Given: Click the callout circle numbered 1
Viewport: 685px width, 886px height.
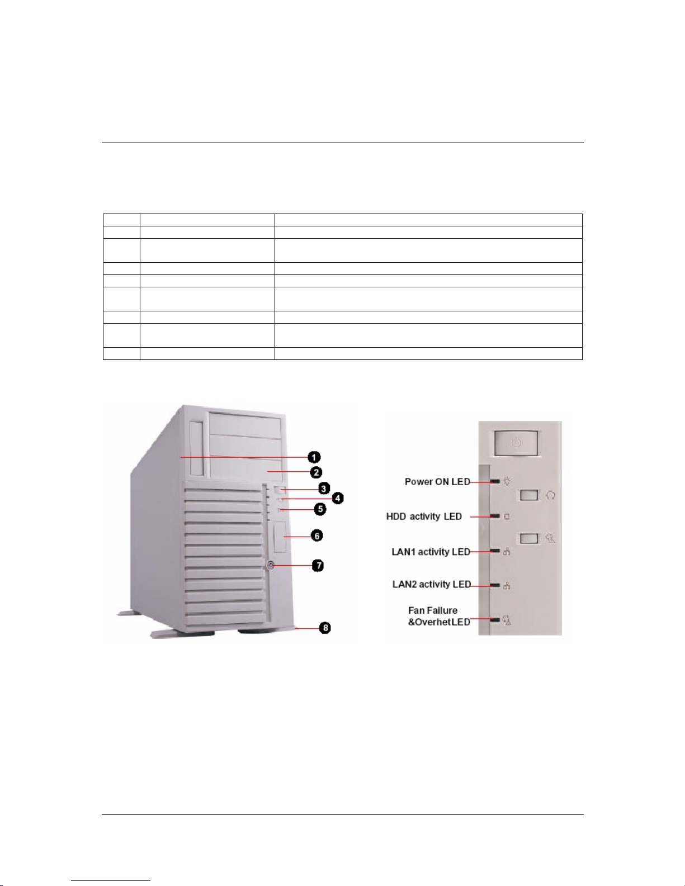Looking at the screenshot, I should pos(315,457).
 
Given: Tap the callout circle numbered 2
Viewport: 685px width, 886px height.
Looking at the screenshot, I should pos(316,472).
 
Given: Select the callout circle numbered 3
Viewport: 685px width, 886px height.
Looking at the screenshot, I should pos(324,489).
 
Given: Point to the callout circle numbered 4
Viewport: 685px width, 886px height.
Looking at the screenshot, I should pos(338,498).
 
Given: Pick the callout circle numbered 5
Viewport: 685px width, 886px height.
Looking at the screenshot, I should pos(320,509).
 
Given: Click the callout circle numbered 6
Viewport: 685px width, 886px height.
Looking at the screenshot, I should pos(316,536).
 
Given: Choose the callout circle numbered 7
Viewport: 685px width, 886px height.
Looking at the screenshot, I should pos(317,565).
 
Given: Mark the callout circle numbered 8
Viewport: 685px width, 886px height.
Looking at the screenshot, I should pos(325,628).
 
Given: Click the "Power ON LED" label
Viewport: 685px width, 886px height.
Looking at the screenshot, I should pos(437,482).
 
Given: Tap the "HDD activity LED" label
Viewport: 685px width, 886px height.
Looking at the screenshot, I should pos(424,517).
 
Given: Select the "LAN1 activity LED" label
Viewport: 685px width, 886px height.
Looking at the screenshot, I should pos(431,552).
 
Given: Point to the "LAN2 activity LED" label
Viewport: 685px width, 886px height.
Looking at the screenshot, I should pos(431,585).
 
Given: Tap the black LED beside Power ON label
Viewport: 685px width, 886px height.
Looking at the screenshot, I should pos(495,481).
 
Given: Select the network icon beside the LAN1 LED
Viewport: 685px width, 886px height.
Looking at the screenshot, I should pos(507,552).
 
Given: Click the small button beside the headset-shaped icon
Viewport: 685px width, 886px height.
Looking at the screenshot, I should pos(529,495).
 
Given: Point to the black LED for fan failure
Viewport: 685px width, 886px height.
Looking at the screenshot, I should pos(495,620).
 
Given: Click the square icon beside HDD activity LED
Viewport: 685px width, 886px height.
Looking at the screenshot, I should pos(507,517).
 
